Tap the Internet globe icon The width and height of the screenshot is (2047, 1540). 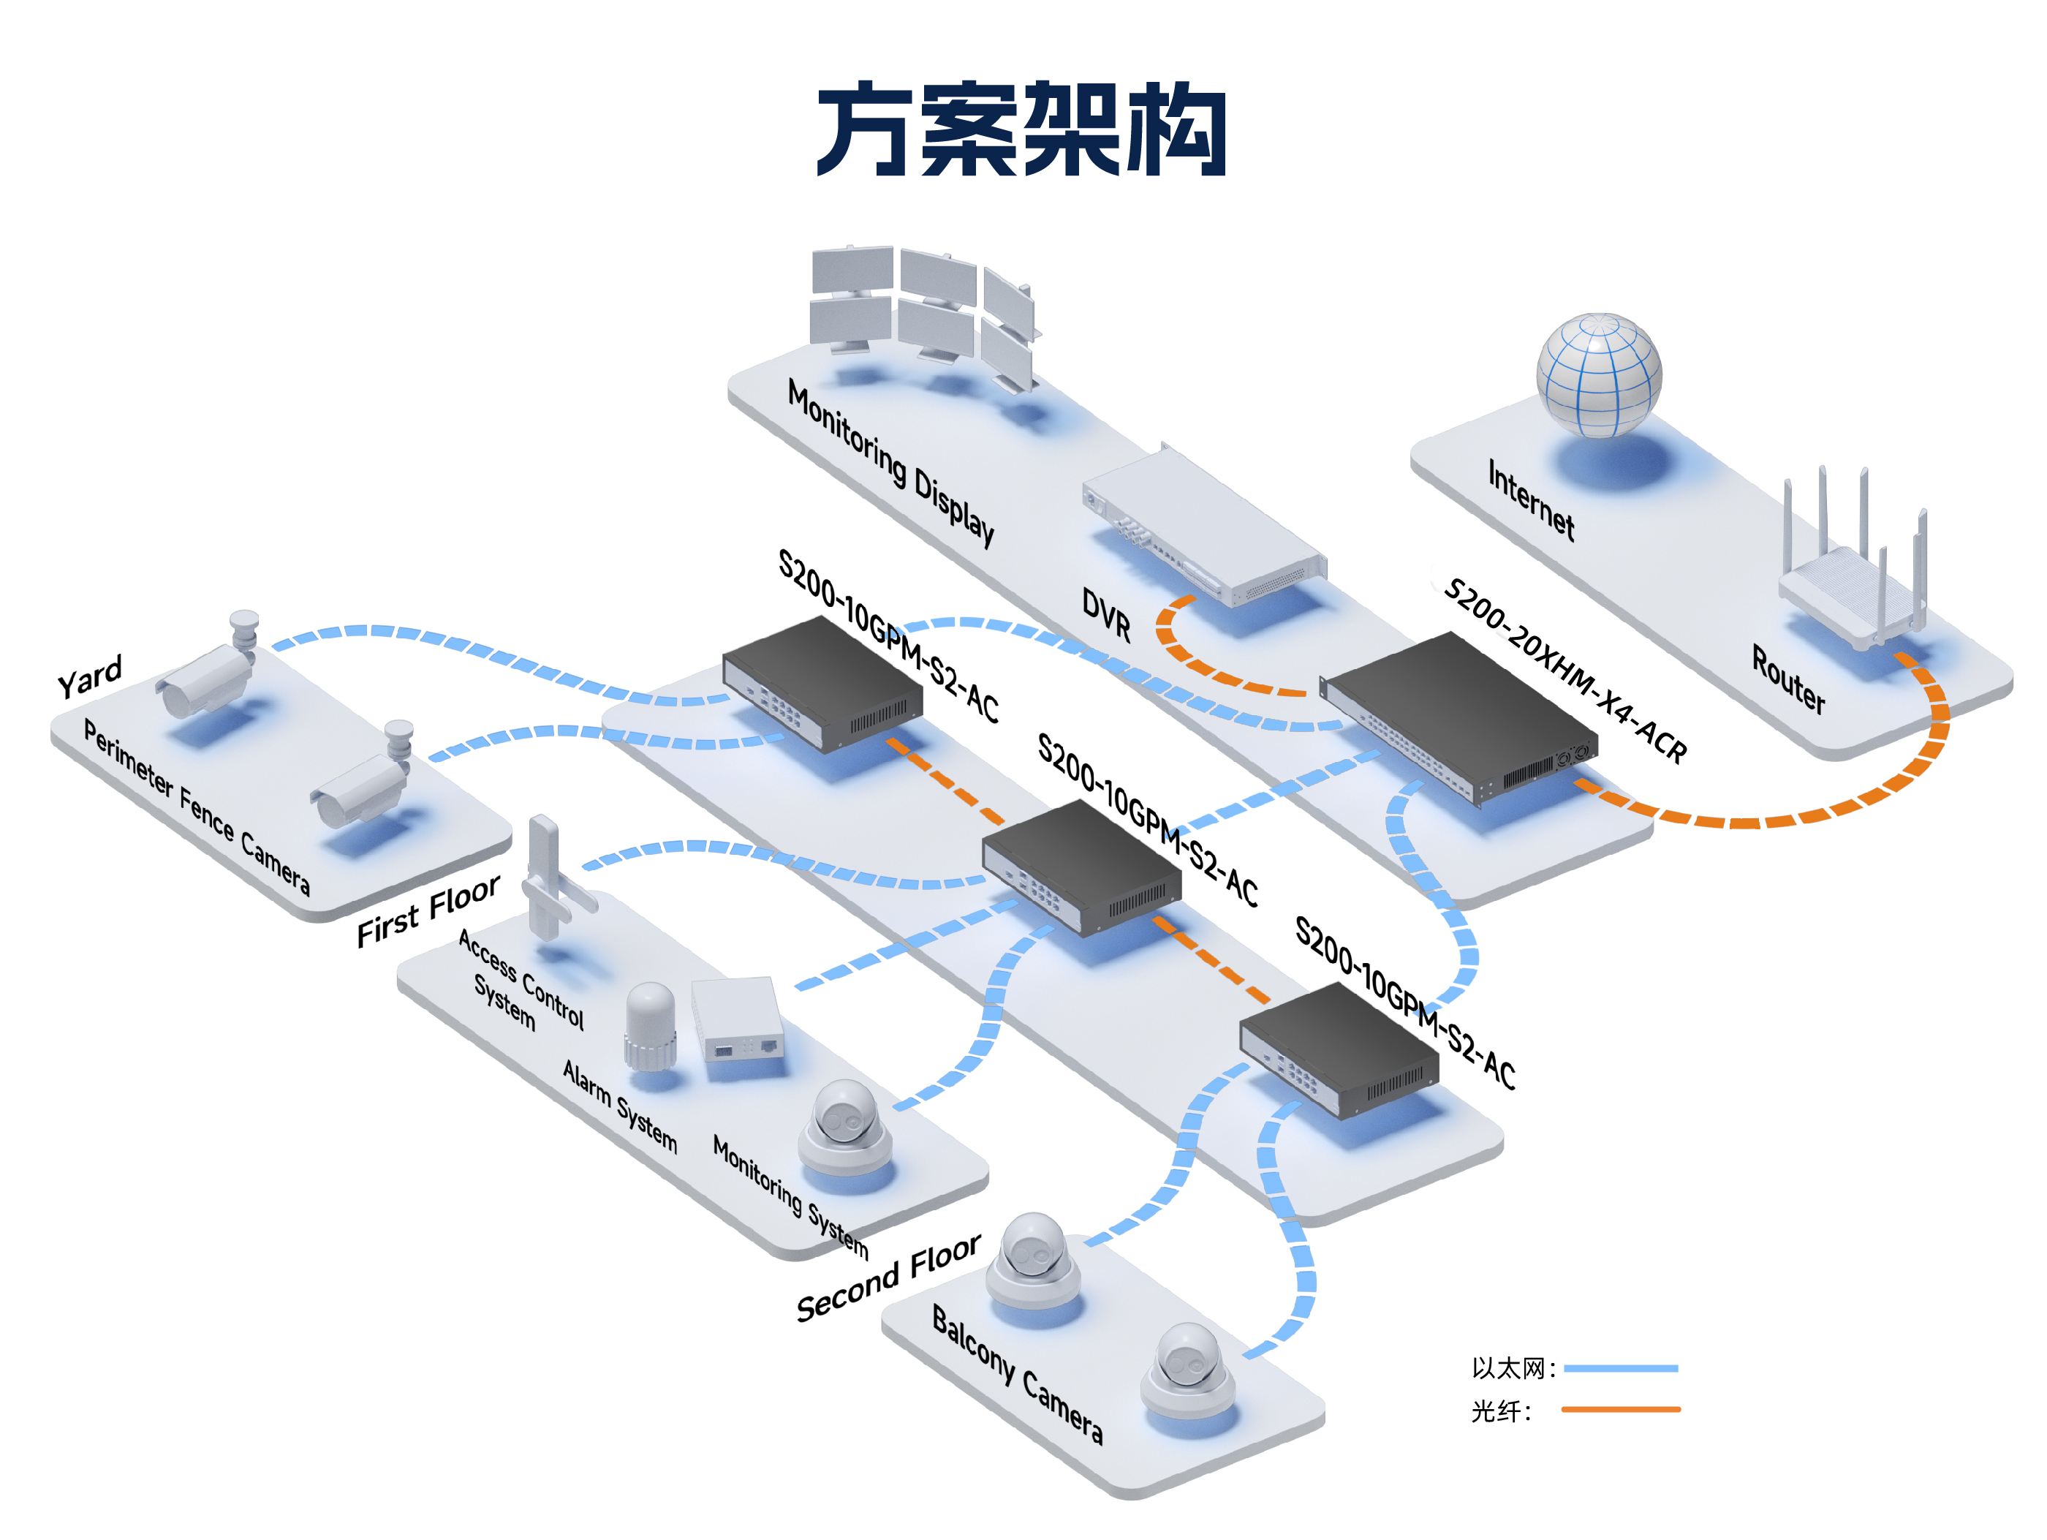[x=1598, y=375]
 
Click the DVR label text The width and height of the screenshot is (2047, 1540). [x=1107, y=616]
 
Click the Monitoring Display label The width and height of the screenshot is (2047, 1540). [x=890, y=463]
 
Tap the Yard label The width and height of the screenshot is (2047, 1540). [x=90, y=676]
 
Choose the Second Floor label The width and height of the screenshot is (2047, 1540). [x=888, y=1277]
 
